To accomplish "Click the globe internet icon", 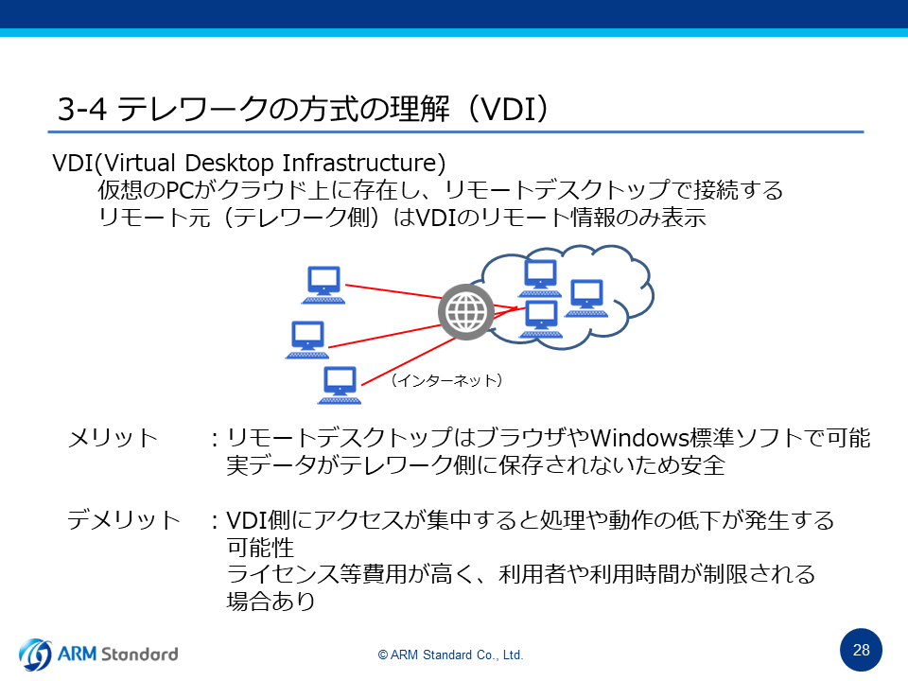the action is [x=466, y=312].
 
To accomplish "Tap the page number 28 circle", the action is [x=861, y=650].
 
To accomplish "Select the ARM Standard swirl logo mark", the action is [x=35, y=655].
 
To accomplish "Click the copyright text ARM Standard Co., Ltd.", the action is [x=450, y=655].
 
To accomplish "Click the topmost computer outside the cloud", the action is [x=323, y=285].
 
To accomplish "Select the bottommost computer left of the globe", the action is [x=340, y=385].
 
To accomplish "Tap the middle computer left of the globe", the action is [x=307, y=340].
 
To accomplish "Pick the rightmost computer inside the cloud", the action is [x=586, y=298].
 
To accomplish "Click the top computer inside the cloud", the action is [x=540, y=278].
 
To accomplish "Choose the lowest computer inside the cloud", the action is [x=540, y=319].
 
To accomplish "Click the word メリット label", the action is [x=113, y=438].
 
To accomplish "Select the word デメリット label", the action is [x=124, y=520].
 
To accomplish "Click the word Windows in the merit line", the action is [x=639, y=438].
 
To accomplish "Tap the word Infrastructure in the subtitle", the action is [x=363, y=163].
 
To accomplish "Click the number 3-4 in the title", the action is [x=81, y=109].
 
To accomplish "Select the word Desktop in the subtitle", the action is [x=229, y=164].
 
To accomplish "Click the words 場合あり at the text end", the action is [x=271, y=602].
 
